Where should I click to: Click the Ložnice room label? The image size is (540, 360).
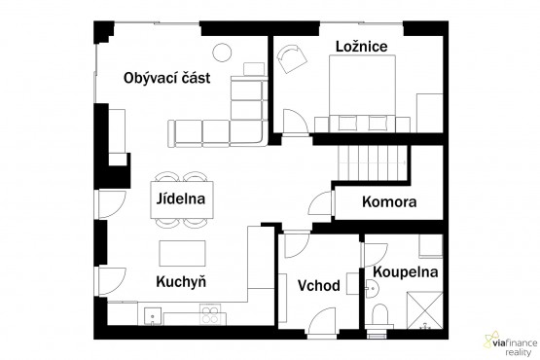(x=361, y=47)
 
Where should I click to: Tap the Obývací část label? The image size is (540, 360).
(x=166, y=78)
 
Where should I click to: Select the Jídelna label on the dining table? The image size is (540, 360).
(x=181, y=198)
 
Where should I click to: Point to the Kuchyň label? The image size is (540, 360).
(x=181, y=282)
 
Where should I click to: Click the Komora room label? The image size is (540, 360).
(x=389, y=201)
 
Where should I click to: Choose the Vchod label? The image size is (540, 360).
(x=319, y=286)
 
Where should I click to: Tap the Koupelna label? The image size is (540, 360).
(x=406, y=272)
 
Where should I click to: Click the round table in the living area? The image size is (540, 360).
(x=222, y=53)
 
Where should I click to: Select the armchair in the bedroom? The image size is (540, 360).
(x=292, y=58)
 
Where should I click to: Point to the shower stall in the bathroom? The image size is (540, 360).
(x=424, y=310)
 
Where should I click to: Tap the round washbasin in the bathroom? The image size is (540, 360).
(x=372, y=288)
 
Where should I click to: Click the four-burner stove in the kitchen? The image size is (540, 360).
(x=210, y=314)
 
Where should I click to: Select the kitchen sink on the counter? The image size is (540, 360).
(x=152, y=316)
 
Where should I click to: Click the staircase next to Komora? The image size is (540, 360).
(x=373, y=162)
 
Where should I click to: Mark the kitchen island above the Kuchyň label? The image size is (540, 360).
(x=183, y=253)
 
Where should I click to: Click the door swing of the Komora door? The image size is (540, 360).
(x=321, y=205)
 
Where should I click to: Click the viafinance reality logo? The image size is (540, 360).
(x=511, y=343)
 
